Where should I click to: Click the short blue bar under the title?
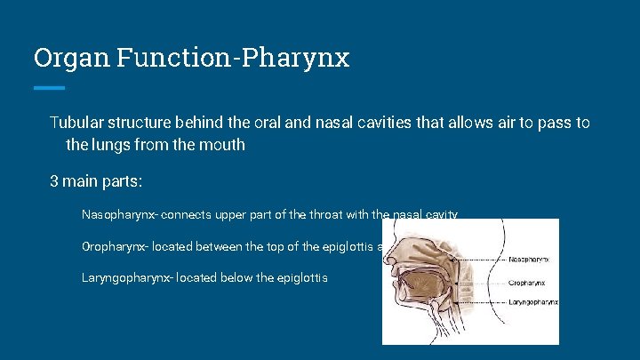49,87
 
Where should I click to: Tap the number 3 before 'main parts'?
54,180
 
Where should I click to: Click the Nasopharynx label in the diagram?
528,260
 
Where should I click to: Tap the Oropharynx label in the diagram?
527,283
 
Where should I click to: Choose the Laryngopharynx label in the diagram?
532,302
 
